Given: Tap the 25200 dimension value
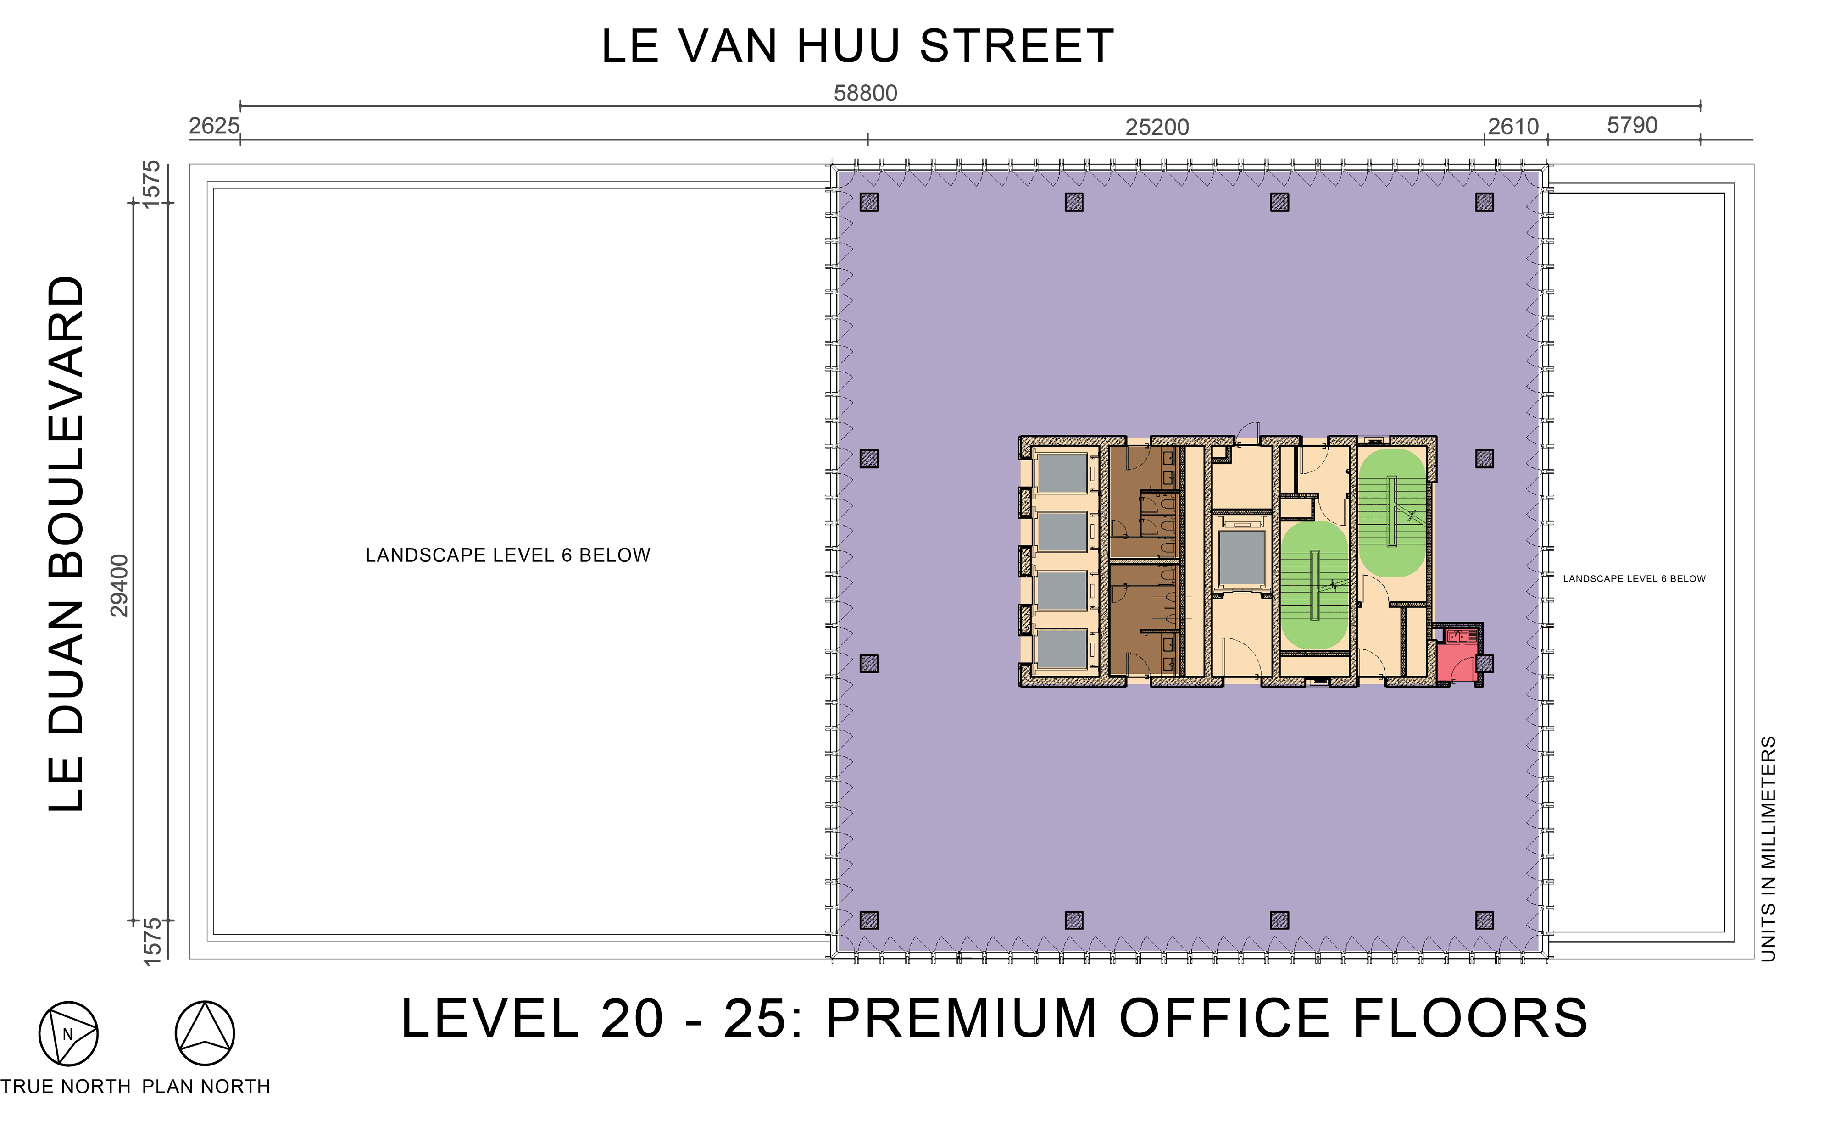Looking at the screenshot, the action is click(1157, 127).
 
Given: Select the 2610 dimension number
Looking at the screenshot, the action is click(1513, 126).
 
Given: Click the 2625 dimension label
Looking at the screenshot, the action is click(214, 126).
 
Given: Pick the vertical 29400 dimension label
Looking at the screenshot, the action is click(120, 585).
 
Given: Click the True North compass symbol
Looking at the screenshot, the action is click(68, 1033).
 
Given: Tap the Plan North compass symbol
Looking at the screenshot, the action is click(205, 1033).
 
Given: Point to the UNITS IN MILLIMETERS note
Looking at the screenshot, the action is click(1768, 848).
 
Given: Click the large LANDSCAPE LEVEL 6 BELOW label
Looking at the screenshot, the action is click(508, 555).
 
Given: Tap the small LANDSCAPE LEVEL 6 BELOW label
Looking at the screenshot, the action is click(1634, 578).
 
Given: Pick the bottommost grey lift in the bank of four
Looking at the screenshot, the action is click(1062, 648).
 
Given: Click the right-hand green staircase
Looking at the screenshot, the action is click(1391, 513).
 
